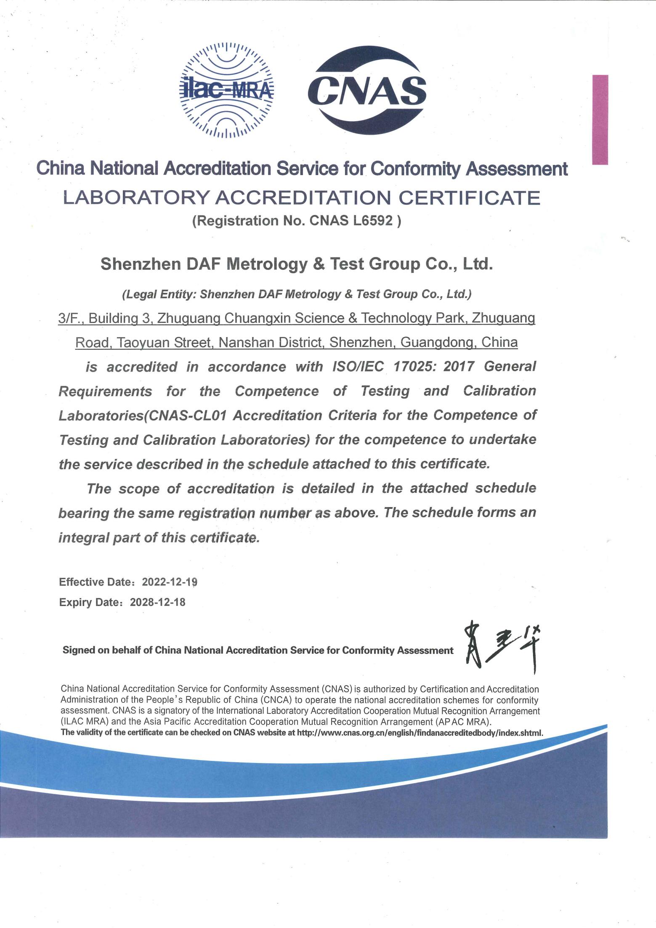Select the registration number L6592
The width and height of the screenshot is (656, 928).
[374, 221]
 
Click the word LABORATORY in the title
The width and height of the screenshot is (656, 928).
[136, 198]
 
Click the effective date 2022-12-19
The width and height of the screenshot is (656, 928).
[170, 582]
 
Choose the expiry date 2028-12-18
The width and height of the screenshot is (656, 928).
[157, 602]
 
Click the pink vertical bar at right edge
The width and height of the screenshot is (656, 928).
[600, 120]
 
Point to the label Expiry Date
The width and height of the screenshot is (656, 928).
[89, 602]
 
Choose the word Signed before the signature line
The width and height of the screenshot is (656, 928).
[79, 650]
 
